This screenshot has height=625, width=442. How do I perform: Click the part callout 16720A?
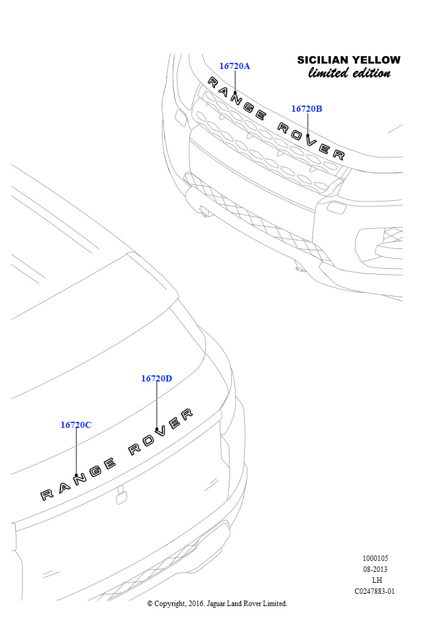point(235,66)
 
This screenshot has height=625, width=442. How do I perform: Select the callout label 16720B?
point(306,109)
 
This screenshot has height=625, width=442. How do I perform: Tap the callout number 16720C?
point(76,425)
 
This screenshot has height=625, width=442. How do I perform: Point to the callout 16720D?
point(157,378)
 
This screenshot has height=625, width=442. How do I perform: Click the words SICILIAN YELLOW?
point(349,60)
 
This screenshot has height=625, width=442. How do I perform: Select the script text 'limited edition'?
point(349,73)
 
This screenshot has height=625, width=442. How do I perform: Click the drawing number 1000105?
point(375,558)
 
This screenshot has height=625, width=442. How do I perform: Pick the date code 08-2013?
point(375,569)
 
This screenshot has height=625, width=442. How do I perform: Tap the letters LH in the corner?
point(377,580)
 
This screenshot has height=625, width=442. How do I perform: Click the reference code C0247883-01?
point(375,591)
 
